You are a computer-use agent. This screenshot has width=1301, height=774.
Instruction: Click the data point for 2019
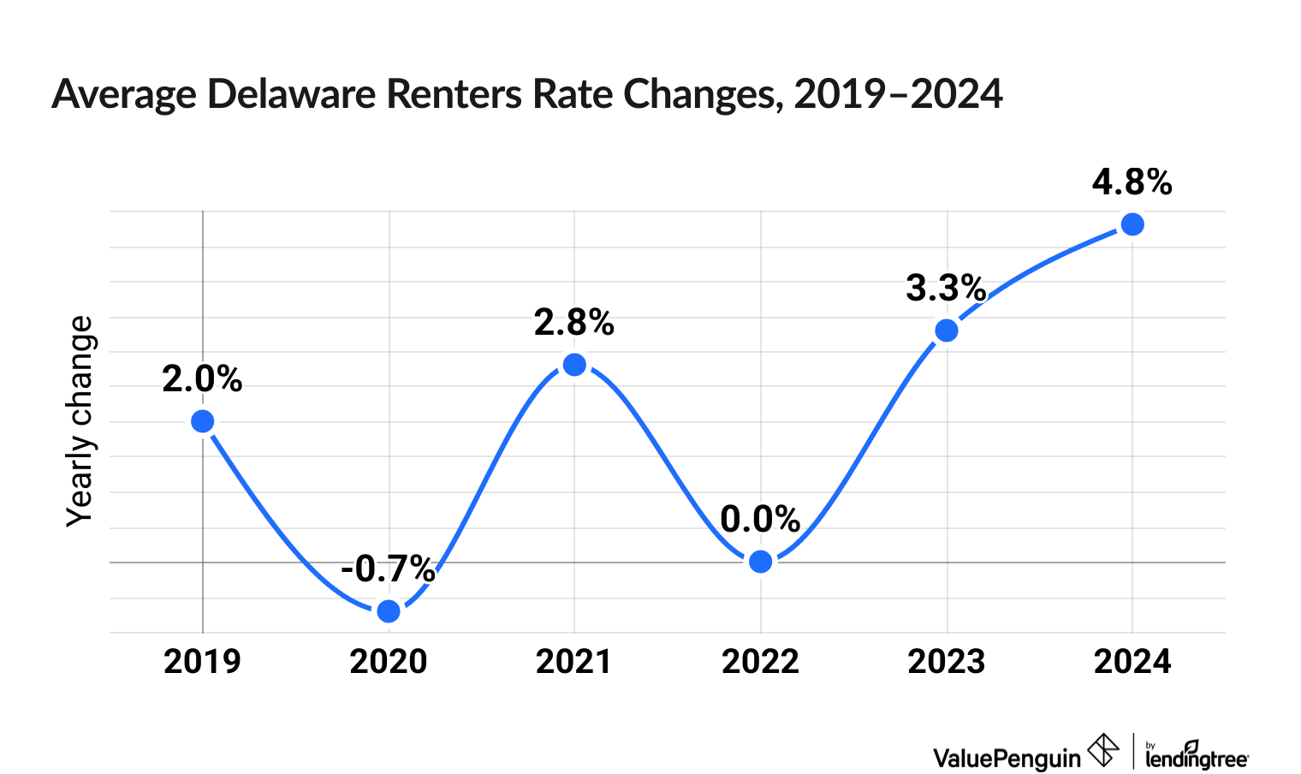click(x=203, y=421)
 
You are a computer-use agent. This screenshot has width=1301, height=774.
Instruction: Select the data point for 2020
click(x=389, y=610)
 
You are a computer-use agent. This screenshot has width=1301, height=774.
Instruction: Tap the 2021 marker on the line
click(x=574, y=365)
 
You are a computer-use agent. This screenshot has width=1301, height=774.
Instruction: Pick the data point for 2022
click(x=760, y=562)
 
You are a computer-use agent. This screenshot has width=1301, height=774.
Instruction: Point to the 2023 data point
click(x=947, y=330)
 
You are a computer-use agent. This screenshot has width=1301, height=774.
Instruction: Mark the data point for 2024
click(x=1132, y=224)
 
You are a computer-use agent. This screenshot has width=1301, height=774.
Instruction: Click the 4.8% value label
click(x=1132, y=182)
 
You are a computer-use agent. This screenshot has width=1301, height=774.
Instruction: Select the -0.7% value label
click(x=389, y=569)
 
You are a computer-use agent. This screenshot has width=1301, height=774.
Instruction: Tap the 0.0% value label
click(x=760, y=519)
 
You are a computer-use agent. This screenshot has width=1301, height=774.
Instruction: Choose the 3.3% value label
click(x=946, y=289)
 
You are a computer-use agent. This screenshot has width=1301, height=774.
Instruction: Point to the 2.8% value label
click(x=574, y=323)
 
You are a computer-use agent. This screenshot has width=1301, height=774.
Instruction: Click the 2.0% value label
click(x=203, y=379)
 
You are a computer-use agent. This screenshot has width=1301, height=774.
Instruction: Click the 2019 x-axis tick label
click(x=203, y=662)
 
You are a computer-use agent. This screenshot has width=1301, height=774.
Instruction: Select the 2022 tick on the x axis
click(x=760, y=662)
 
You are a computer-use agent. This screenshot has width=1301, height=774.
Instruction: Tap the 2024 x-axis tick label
click(x=1132, y=662)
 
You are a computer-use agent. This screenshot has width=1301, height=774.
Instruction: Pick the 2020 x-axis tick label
click(x=389, y=662)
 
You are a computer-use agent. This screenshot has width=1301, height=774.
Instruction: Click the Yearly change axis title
click(x=80, y=420)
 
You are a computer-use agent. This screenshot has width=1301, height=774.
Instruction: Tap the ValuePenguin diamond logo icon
click(x=1103, y=751)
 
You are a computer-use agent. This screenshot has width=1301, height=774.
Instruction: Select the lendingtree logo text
click(x=1197, y=757)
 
